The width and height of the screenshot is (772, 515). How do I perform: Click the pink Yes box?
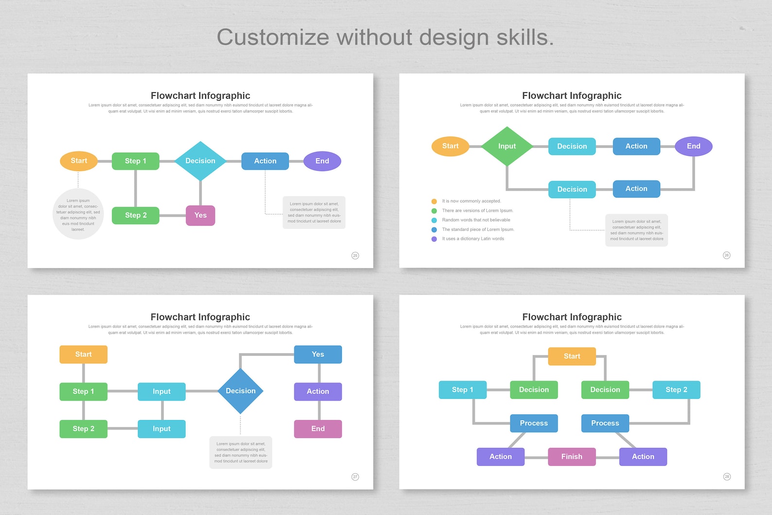(x=200, y=215)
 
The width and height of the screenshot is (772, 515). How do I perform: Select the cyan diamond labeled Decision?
(x=200, y=161)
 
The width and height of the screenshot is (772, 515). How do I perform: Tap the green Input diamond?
(x=507, y=146)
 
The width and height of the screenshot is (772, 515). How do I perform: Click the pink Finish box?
(x=572, y=457)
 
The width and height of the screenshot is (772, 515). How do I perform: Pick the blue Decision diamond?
(x=240, y=391)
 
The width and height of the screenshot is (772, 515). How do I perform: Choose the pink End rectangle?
(x=318, y=429)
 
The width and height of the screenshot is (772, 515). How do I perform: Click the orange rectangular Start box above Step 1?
(x=83, y=355)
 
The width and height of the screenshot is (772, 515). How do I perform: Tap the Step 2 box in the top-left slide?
(x=136, y=215)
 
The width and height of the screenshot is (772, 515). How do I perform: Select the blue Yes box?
(x=318, y=355)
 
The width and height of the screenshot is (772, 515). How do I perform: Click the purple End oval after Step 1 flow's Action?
(x=322, y=161)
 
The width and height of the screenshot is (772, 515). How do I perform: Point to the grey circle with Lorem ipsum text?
(x=78, y=214)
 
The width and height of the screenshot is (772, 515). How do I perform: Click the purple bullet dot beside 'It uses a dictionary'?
(x=434, y=239)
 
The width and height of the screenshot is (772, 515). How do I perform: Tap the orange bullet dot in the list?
(x=434, y=201)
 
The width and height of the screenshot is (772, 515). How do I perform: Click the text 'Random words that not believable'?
(x=476, y=220)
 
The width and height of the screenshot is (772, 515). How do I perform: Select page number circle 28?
(x=727, y=477)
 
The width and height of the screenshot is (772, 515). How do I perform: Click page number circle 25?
(x=355, y=255)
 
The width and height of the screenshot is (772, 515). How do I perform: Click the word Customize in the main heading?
(x=273, y=37)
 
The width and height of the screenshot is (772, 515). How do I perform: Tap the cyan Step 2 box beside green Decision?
(x=676, y=390)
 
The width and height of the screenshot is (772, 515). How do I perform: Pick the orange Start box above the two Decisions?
(x=572, y=356)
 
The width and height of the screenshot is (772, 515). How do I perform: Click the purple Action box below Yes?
(x=318, y=391)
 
